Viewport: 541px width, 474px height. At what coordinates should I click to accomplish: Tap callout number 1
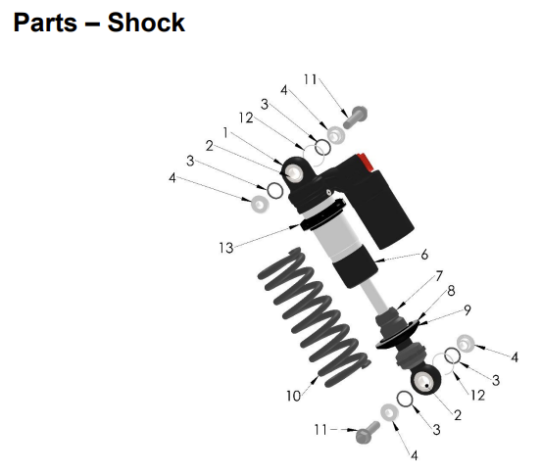click(x=225, y=131)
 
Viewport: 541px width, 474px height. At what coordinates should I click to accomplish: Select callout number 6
click(x=424, y=255)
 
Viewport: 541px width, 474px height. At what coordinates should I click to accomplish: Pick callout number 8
click(x=451, y=291)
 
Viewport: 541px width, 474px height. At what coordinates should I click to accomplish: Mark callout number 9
click(x=467, y=309)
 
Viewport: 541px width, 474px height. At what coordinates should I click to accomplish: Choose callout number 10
click(x=292, y=396)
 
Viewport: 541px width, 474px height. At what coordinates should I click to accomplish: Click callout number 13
click(x=226, y=248)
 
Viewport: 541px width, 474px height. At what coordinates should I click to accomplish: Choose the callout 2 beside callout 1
click(x=209, y=146)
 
